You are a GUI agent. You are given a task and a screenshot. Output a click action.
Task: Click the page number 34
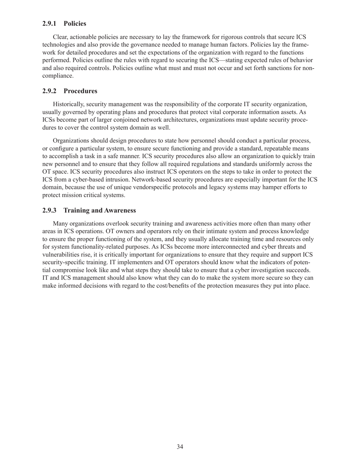180,447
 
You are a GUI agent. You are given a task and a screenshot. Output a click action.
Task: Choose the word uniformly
277,164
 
